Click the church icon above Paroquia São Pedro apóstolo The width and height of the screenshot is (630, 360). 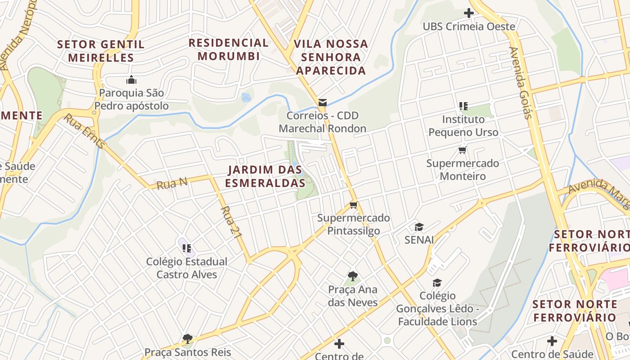[x=131, y=80]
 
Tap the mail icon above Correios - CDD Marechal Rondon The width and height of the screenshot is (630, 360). [x=322, y=103]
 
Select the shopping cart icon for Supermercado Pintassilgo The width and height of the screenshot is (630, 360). [x=354, y=205]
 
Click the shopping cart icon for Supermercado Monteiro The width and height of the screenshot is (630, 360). [x=462, y=150]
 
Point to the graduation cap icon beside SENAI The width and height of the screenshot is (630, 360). [x=419, y=227]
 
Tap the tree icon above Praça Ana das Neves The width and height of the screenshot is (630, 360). [x=353, y=276]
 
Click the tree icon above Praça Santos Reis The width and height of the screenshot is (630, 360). [x=188, y=338]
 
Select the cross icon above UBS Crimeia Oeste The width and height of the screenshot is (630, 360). [x=468, y=13]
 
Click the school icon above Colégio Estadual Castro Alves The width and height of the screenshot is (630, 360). [x=187, y=248]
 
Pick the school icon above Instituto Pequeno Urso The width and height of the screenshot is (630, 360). [x=463, y=106]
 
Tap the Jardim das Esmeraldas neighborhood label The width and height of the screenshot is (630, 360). [x=265, y=176]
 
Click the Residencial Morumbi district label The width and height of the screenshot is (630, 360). [x=229, y=49]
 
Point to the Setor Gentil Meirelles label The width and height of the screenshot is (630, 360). [x=101, y=51]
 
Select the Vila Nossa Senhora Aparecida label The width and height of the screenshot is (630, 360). [x=331, y=57]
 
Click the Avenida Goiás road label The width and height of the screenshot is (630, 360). [x=521, y=83]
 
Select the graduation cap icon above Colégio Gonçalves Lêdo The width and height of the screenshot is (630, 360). [x=437, y=283]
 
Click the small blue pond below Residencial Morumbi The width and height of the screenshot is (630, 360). [x=246, y=97]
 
